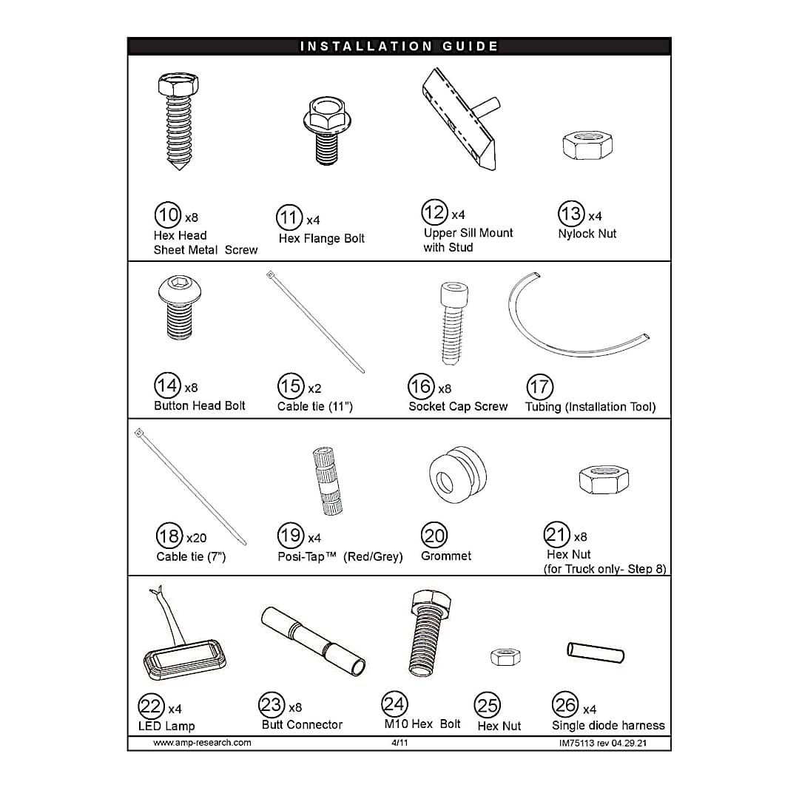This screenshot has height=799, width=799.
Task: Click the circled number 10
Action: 168,215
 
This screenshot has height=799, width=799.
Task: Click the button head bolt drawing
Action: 176,309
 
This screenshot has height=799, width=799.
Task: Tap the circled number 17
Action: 540,387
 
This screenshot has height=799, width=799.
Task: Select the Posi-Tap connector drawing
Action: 328,481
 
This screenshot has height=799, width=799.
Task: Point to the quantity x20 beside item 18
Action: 196,538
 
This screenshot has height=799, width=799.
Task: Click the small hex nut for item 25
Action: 505,655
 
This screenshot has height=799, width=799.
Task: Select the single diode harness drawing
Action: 596,653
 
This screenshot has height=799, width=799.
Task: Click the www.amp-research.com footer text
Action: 202,742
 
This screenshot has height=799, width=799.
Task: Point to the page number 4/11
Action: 399,742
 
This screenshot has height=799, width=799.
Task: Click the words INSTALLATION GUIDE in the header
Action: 399,47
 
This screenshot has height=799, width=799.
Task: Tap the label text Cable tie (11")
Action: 315,406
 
